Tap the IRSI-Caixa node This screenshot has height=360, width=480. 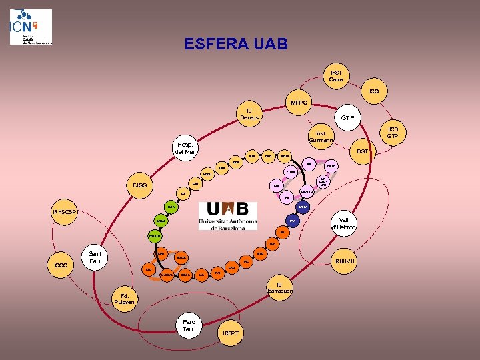(335, 75)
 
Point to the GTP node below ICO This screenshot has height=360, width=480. (347, 118)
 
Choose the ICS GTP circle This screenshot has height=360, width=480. (393, 132)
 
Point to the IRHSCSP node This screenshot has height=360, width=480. (65, 213)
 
